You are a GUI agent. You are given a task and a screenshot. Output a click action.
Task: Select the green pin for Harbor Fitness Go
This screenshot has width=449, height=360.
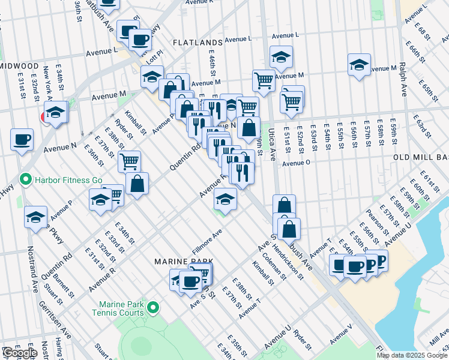point(25,179)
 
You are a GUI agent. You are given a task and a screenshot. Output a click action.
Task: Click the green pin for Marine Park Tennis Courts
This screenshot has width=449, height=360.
point(153,308)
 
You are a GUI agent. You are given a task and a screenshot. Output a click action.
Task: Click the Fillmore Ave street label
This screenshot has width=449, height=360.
point(207,239)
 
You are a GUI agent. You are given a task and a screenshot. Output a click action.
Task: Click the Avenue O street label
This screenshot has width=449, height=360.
point(295,163)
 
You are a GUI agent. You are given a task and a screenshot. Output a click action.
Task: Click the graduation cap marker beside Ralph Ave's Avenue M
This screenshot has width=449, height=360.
point(359,65)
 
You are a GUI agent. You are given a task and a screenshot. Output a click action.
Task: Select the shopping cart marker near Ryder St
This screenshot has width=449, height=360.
point(129,161)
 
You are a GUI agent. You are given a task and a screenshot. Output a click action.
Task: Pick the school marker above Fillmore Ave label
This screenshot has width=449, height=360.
point(225,199)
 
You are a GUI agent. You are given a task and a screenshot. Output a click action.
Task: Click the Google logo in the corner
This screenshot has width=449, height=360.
point(20,353)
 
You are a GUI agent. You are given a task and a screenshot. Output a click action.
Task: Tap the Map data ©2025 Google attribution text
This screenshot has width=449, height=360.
point(412,355)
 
